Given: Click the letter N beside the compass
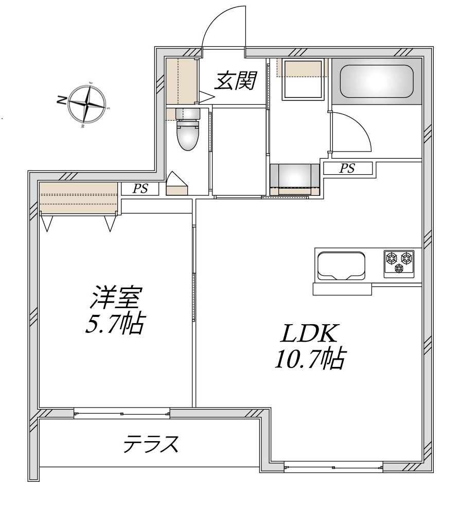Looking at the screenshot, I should tap(61, 100).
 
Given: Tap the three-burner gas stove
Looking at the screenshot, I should tap(399, 261).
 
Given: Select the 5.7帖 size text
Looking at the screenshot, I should tap(114, 324).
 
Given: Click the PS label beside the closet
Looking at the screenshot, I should tap(140, 189).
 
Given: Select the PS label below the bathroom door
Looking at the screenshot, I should tap(347, 169).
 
